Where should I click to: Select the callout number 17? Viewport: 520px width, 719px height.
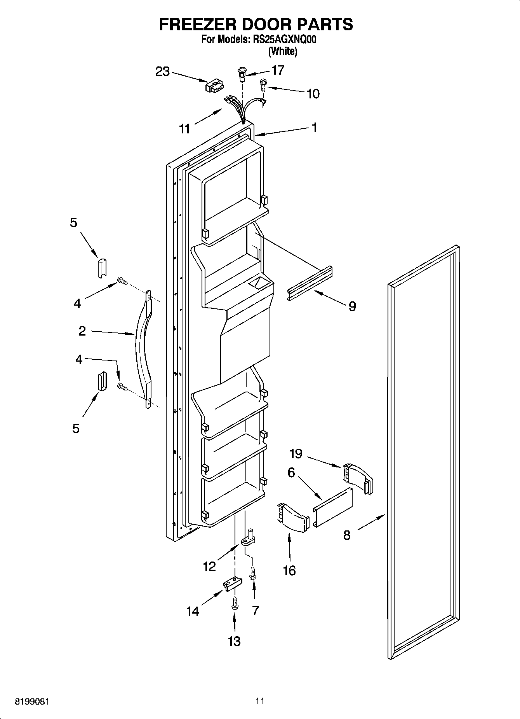tap(278, 70)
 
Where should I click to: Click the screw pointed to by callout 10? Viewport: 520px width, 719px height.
tap(263, 84)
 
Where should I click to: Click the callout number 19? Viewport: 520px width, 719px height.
tap(296, 453)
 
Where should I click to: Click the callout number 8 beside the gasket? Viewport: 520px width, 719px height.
tap(347, 535)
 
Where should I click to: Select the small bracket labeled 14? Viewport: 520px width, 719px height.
tap(232, 583)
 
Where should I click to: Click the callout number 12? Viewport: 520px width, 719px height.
tap(209, 567)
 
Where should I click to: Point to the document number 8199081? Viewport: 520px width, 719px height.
tap(32, 702)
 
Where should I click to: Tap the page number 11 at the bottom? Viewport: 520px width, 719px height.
tap(260, 701)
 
